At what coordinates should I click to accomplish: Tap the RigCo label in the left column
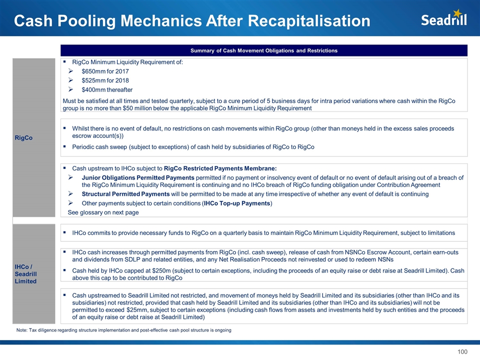coord(24,138)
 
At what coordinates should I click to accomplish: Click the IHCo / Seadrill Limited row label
coord(26,274)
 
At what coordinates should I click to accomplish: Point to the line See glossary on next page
coord(103,212)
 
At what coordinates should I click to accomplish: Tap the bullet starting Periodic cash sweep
coord(193,147)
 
